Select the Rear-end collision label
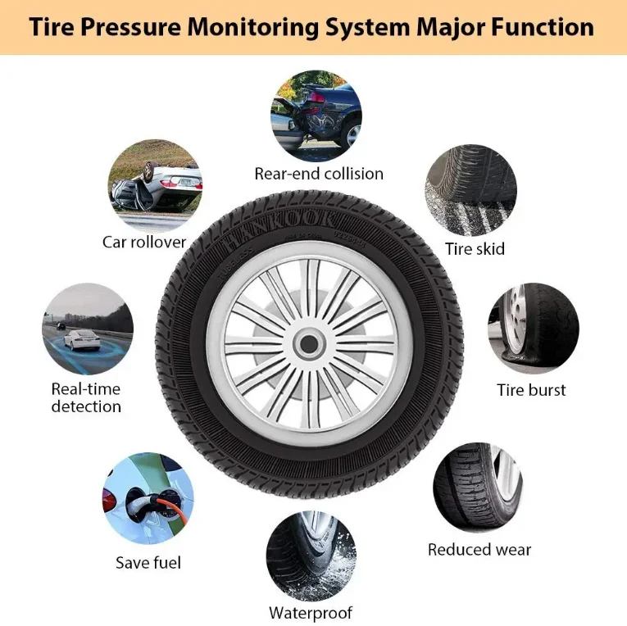(x=318, y=174)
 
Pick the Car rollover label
(x=144, y=242)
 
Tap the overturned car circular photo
(x=155, y=185)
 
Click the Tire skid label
(x=475, y=248)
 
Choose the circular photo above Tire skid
(x=470, y=191)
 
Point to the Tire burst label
(x=531, y=390)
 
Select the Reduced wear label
(x=479, y=550)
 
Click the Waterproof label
(x=311, y=613)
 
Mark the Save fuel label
(x=148, y=563)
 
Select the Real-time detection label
(x=86, y=397)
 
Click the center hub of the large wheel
(x=308, y=343)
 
